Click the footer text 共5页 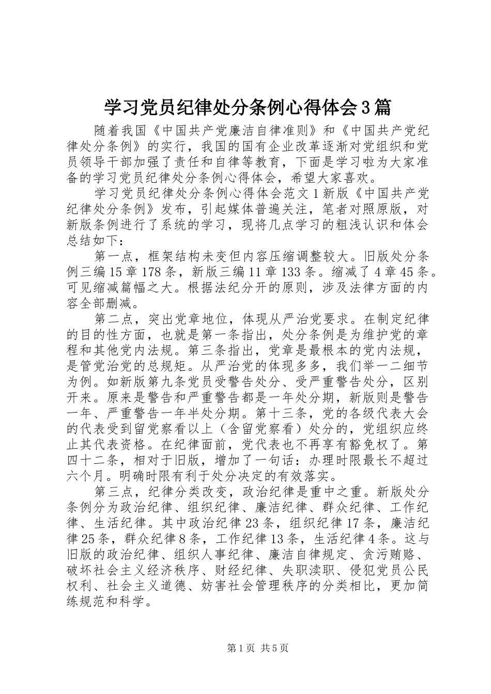tap(275, 649)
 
